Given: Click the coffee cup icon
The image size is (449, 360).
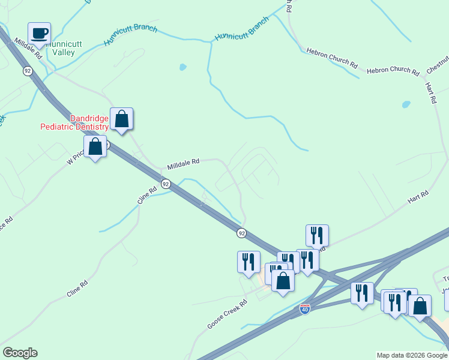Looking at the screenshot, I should [x=39, y=34].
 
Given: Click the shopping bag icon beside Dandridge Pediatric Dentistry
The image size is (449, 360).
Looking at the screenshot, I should [x=121, y=119].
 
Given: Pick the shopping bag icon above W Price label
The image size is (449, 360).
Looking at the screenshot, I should [x=95, y=146].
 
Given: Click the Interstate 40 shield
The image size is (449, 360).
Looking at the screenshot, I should [x=305, y=310].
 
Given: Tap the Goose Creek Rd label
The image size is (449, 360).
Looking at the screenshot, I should [x=227, y=314].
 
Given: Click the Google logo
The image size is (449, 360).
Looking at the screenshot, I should [x=20, y=353].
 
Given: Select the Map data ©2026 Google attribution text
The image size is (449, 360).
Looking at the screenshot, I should [x=411, y=355].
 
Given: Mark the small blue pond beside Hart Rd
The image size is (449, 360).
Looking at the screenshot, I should [x=406, y=104].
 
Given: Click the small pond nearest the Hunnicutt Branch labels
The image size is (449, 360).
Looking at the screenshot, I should [x=182, y=67].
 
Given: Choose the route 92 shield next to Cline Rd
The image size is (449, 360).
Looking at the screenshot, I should [x=166, y=184].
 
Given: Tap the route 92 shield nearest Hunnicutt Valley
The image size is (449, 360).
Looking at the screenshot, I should [x=28, y=71].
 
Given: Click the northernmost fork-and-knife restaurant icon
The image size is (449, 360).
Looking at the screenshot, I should [x=317, y=235].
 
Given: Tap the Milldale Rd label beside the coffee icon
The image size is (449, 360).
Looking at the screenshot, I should [x=28, y=49].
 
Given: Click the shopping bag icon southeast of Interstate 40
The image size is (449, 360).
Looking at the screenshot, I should [x=420, y=305].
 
